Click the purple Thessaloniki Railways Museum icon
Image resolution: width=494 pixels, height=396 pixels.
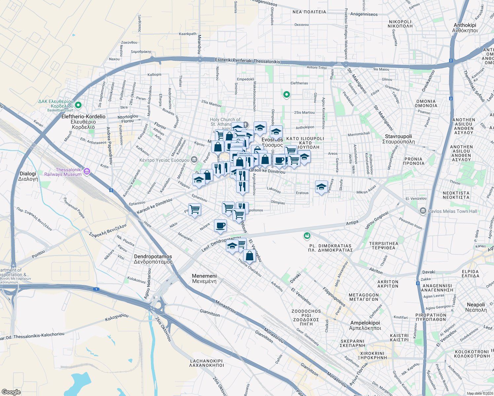pyautogui.click(x=87, y=171)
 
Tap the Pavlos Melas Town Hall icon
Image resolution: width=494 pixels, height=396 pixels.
pyautogui.click(x=423, y=211)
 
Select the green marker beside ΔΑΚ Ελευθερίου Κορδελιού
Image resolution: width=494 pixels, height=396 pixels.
pyautogui.click(x=78, y=105)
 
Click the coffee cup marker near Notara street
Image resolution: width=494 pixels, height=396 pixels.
pyautogui.click(x=220, y=226)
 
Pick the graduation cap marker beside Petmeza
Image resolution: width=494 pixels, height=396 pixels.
pyautogui.click(x=321, y=187)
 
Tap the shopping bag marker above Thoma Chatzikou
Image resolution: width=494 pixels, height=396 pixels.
pyautogui.click(x=250, y=256)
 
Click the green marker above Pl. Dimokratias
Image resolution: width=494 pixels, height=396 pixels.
pyautogui.click(x=307, y=236)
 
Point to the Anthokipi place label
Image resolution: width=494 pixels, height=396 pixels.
pyautogui.click(x=465, y=28)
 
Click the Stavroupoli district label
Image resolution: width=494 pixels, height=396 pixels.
pyautogui.click(x=398, y=139)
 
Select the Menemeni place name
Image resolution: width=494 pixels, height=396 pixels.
pyautogui.click(x=204, y=279)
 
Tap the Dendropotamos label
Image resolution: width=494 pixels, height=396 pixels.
pyautogui.click(x=153, y=259)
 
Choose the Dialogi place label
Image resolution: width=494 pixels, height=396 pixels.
pyautogui.click(x=28, y=176)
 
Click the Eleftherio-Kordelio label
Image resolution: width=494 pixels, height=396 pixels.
pyautogui.click(x=84, y=121)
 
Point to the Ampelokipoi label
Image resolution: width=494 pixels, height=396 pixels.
pyautogui.click(x=365, y=325)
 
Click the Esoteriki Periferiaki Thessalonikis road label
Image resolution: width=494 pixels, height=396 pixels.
pyautogui.click(x=247, y=61)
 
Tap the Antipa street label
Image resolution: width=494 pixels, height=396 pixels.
pyautogui.click(x=352, y=223)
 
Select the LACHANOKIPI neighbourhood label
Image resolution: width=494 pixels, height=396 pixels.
pyautogui.click(x=207, y=363)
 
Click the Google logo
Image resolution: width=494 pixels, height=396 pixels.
pyautogui.click(x=11, y=392)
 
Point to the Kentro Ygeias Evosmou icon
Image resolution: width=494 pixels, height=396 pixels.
pyautogui.click(x=194, y=160)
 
